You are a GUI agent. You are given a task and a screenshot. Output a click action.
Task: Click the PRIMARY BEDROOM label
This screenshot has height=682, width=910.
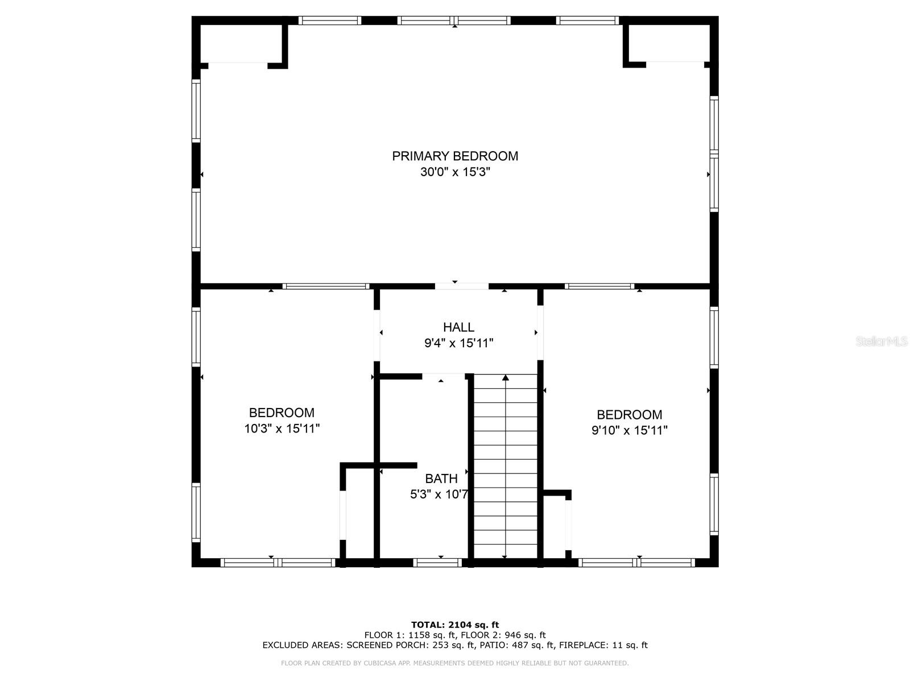[x=455, y=156]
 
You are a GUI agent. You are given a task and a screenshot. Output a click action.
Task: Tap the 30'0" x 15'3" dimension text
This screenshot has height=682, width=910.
[x=455, y=172]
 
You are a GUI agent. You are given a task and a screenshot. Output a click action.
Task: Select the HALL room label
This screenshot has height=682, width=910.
[x=458, y=327]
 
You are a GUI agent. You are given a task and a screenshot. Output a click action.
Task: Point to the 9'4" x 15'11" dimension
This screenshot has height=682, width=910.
[x=458, y=343]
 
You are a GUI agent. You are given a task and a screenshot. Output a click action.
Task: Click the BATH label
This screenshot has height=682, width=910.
[x=441, y=479]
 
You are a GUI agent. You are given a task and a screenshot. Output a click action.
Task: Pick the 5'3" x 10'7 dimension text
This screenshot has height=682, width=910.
[x=439, y=494]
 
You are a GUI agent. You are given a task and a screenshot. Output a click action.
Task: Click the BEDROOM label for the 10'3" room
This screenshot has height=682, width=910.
[x=282, y=413]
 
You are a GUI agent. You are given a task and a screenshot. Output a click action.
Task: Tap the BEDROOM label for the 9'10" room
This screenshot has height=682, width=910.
[x=629, y=415]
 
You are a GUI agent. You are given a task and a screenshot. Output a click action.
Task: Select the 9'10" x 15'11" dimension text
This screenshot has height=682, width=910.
[x=629, y=431]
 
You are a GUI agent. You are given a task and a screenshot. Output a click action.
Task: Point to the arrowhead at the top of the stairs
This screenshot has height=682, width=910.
[x=505, y=377]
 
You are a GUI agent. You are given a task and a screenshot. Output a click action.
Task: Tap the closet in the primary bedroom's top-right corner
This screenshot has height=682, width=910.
[x=668, y=43]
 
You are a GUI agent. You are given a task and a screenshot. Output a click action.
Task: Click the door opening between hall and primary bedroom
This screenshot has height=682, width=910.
[x=461, y=286]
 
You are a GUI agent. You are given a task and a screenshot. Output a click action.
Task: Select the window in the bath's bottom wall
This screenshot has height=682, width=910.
[x=437, y=563]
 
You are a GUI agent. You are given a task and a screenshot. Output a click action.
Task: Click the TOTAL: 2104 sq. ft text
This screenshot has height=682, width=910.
[x=455, y=625]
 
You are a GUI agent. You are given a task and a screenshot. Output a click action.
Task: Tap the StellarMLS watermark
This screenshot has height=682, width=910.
[x=882, y=342]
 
